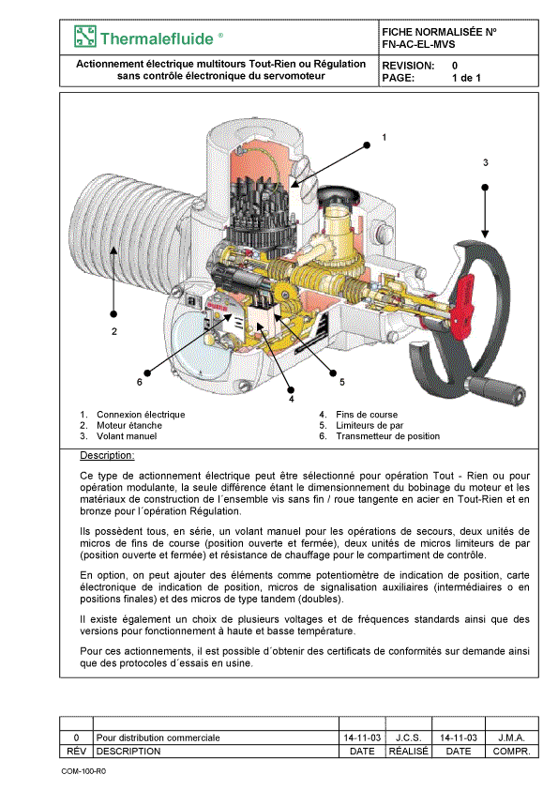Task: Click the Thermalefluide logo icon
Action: tap(85, 37)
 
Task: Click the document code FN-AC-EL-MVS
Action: tap(418, 44)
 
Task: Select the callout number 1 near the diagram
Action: tap(385, 137)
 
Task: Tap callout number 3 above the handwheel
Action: tap(486, 162)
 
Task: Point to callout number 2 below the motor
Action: tap(114, 331)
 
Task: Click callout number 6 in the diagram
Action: tap(140, 382)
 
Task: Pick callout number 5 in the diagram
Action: tap(342, 382)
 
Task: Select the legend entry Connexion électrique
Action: tap(141, 415)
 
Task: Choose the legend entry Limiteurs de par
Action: tap(369, 425)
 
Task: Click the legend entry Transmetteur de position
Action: tap(387, 436)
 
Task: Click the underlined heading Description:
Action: tap(107, 455)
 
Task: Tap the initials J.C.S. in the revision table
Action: tap(408, 737)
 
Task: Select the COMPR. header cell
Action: tap(512, 752)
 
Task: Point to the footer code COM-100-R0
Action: tap(83, 771)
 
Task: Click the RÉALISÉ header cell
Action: tap(409, 752)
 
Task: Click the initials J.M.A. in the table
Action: tap(511, 737)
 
